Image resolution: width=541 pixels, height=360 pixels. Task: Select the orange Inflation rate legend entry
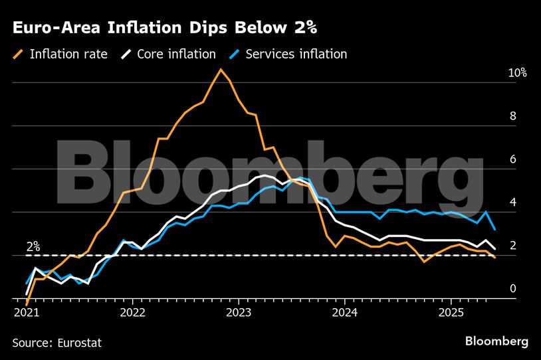point(60,54)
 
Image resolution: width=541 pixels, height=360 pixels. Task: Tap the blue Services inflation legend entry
point(288,54)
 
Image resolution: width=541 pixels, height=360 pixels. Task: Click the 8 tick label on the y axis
point(512,116)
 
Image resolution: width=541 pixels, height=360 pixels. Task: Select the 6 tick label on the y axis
point(512,159)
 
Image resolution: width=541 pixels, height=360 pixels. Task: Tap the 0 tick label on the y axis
point(512,288)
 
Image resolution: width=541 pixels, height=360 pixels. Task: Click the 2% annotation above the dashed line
point(33,246)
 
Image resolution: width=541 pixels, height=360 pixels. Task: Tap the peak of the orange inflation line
point(221,69)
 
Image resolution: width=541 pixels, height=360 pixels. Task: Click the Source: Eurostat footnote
point(57,342)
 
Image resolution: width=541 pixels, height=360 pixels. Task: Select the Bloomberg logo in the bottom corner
point(496,341)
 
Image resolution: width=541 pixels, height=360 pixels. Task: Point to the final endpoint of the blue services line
point(494,229)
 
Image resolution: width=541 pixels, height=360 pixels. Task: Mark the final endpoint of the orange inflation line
point(494,257)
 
